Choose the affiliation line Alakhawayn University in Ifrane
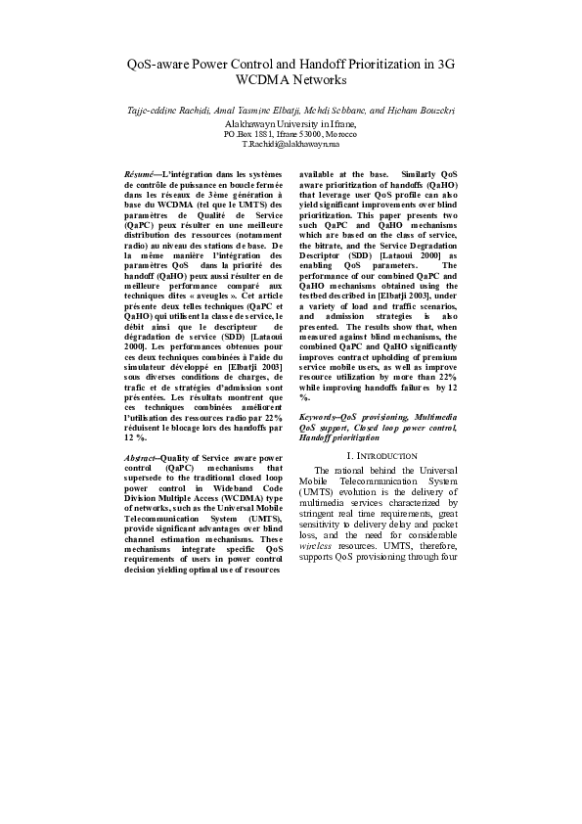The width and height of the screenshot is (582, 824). (x=291, y=125)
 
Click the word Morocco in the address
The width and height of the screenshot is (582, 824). (x=337, y=134)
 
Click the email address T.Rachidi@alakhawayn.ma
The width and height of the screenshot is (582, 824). (x=291, y=144)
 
